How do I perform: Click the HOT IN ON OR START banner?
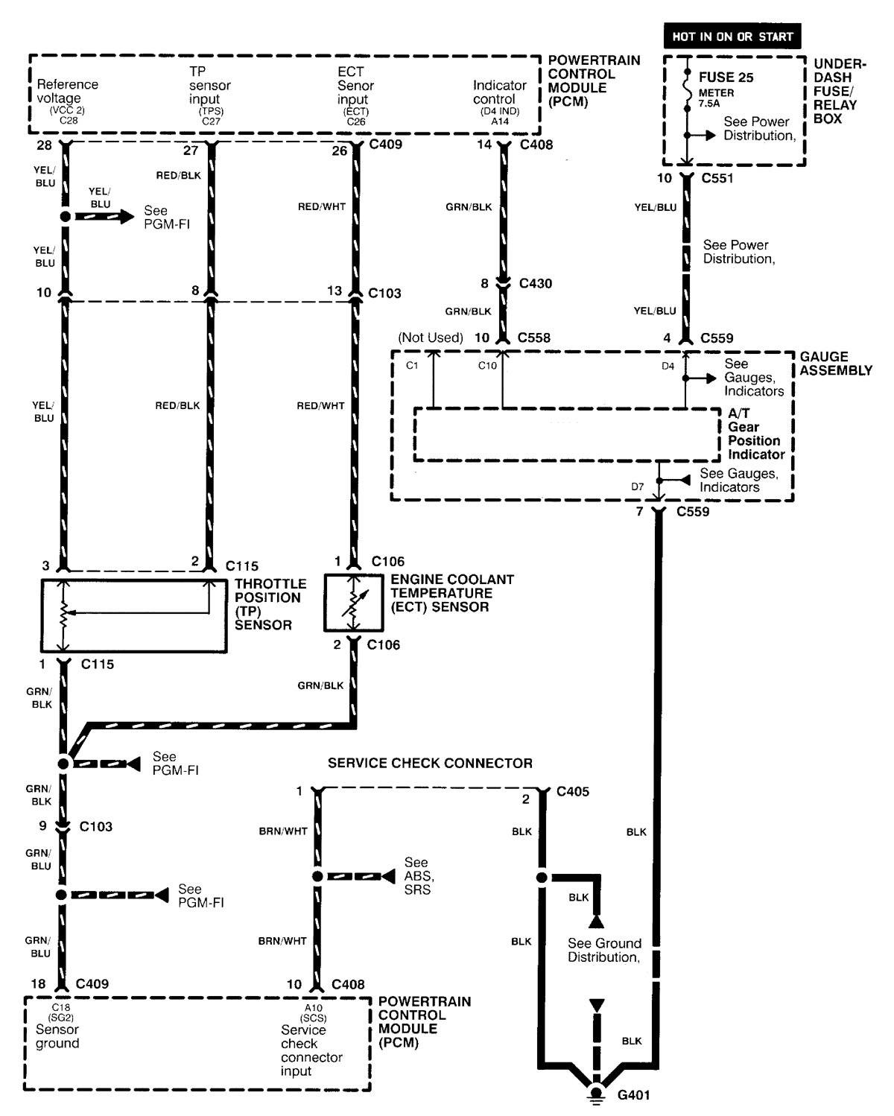pos(732,36)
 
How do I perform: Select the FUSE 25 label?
pos(726,77)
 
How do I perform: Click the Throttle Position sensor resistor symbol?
pos(64,614)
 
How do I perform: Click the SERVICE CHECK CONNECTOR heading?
pos(430,763)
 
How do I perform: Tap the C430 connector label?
pos(536,283)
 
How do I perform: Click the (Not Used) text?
pos(430,337)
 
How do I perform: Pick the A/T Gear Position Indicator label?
pos(755,434)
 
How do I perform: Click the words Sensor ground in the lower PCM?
pos(57,1036)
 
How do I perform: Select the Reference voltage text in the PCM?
pos(67,91)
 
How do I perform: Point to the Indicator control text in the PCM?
pos(499,92)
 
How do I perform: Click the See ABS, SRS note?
pos(419,876)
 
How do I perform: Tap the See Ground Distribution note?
pos(603,950)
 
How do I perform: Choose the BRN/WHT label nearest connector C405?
pos(283,831)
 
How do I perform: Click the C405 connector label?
pos(572,791)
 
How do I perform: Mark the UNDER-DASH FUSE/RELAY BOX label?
pos(839,91)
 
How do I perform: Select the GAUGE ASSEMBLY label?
pos(835,364)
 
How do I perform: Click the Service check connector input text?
pos(311,1050)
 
